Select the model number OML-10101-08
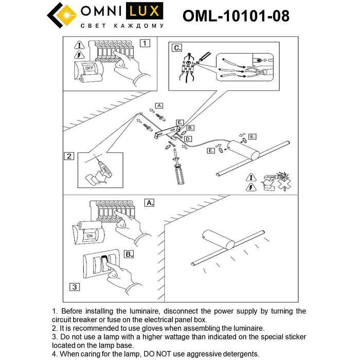pyautogui.click(x=236, y=16)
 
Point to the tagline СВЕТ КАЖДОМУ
pyautogui.click(x=122, y=26)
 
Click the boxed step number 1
pyautogui.click(x=146, y=43)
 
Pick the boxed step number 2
pyautogui.click(x=69, y=156)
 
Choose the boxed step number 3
pyautogui.click(x=75, y=286)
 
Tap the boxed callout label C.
pyautogui.click(x=176, y=48)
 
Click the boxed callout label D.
pyautogui.click(x=188, y=139)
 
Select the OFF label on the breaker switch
pyautogui.click(x=89, y=68)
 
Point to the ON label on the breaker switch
pyautogui.click(x=90, y=236)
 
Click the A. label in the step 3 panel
pyautogui.click(x=149, y=203)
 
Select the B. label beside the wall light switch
pyautogui.click(x=129, y=254)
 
